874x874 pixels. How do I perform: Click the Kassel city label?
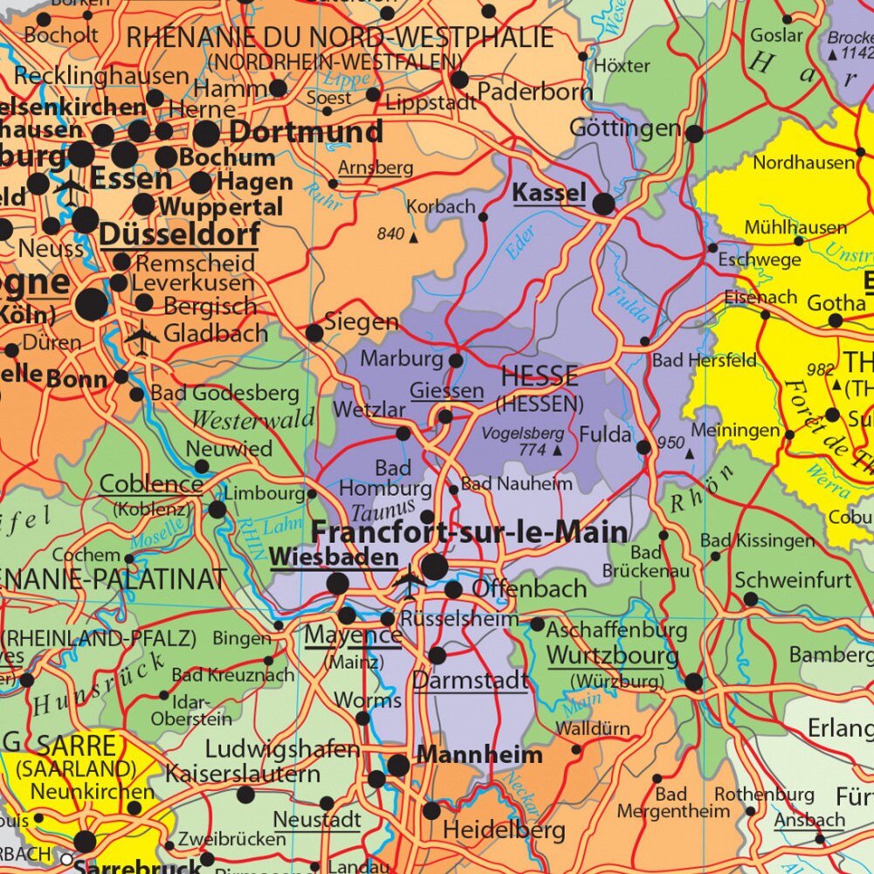547,192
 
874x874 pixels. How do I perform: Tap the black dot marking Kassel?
603,204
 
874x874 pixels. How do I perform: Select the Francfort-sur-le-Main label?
469,533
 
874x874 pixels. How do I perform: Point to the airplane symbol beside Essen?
71,188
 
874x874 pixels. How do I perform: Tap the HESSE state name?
540,377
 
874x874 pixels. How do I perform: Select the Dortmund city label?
306,132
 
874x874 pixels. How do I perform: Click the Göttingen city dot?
694,134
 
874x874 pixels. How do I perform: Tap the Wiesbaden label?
322,557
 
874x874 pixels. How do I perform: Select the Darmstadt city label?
470,679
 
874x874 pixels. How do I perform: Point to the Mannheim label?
479,754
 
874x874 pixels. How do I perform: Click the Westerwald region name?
253,420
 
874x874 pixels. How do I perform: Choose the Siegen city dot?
314,333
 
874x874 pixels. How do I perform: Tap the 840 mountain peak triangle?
413,236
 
